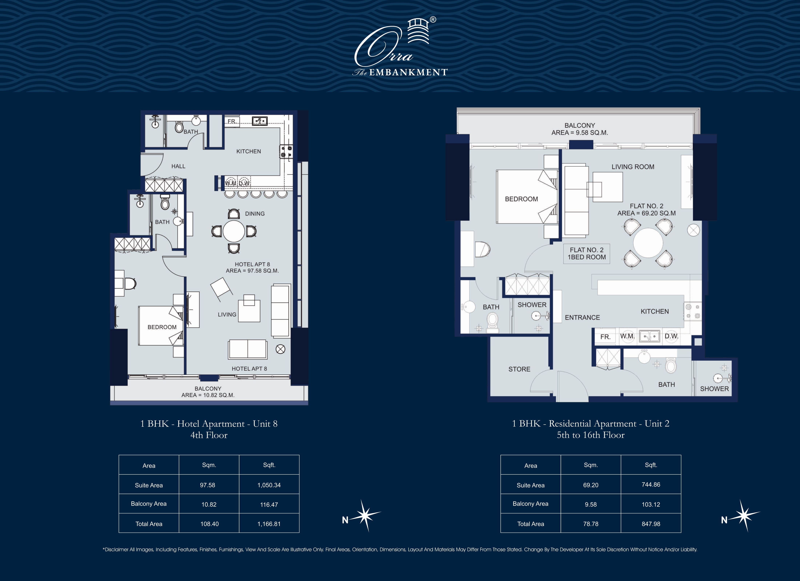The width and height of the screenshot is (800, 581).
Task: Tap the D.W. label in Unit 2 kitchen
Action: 671,336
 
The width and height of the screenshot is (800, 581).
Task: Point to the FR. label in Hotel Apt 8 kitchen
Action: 232,121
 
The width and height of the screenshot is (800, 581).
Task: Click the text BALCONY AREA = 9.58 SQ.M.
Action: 579,129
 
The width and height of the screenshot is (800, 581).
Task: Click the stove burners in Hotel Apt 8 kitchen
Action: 286,151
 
